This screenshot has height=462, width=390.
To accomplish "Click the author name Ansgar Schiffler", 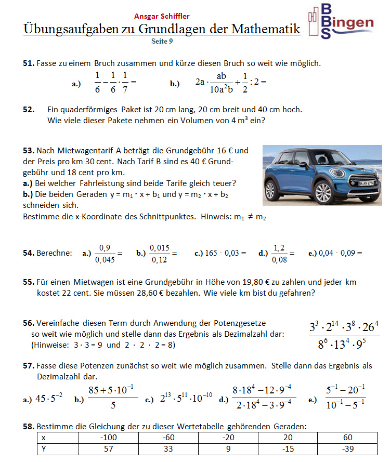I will (x=162, y=16).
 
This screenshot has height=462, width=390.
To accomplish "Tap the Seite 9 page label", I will (x=162, y=41).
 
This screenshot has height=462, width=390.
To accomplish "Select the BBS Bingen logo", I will (x=341, y=21).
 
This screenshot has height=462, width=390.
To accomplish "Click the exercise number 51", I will (x=29, y=63).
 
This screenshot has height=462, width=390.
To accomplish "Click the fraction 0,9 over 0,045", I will (x=105, y=253).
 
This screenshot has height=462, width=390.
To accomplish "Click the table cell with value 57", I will (x=108, y=448).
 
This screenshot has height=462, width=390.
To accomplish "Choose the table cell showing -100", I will (x=108, y=438).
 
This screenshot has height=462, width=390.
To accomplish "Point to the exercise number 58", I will (x=29, y=427).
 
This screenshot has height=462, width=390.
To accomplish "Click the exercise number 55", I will (x=29, y=282).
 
